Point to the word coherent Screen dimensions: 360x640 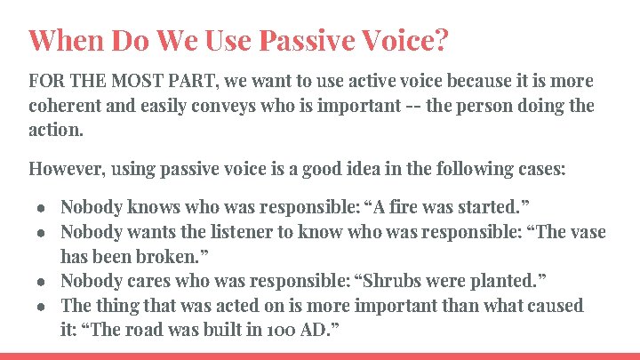pyautogui.click(x=65, y=106)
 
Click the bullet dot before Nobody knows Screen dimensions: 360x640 pyautogui.click(x=42, y=208)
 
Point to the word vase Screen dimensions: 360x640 pyautogui.click(x=586, y=232)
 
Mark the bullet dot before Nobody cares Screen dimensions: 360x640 pyautogui.click(x=42, y=282)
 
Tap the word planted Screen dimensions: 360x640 pyautogui.click(x=509, y=282)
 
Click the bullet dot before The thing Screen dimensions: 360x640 pyautogui.click(x=42, y=307)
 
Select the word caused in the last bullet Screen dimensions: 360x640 pyautogui.click(x=555, y=306)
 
